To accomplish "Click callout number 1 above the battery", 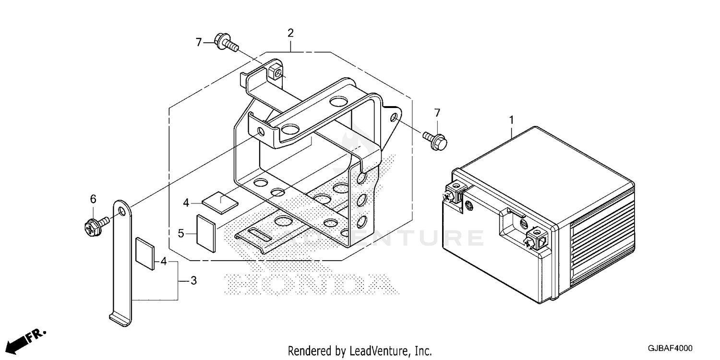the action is coord(511,120).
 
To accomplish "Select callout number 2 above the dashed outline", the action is coord(290,33).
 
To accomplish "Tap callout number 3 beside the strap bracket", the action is coord(193,281).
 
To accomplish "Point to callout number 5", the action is coord(181,234).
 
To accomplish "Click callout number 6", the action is coord(93,199).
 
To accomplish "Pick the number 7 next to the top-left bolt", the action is coord(199,42).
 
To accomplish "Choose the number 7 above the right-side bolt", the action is coord(437,113).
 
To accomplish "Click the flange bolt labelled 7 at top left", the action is coord(226,42).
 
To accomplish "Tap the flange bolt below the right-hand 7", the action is coord(435,141).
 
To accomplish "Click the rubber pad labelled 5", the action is coord(206,233).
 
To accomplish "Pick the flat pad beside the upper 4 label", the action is coord(220,203).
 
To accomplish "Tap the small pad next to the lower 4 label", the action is coord(145,254).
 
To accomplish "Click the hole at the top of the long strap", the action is coord(122,211).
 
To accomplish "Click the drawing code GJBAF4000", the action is coord(670,348).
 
